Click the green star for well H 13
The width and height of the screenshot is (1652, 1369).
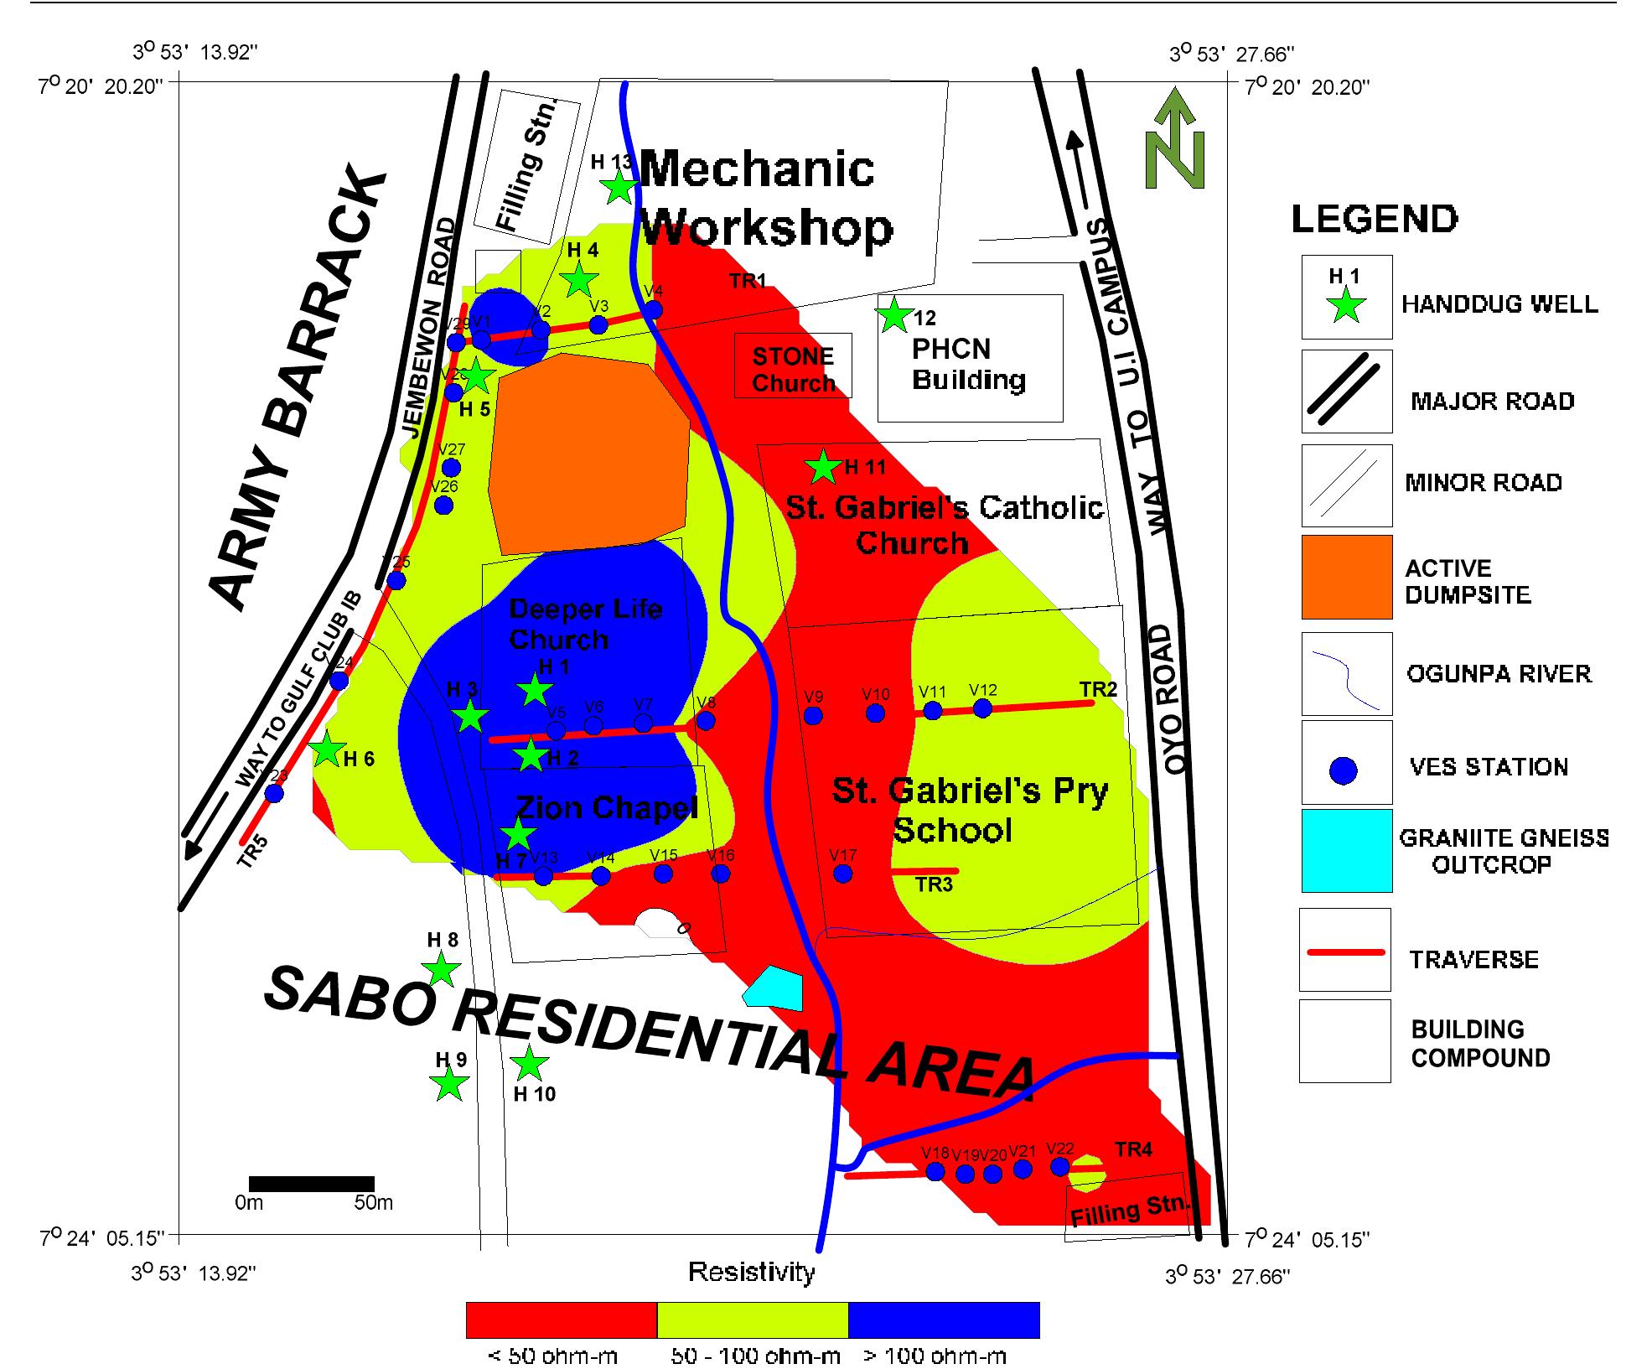click(619, 188)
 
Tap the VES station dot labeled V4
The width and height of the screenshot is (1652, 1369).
click(653, 310)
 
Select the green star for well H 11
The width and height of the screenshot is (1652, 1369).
click(823, 467)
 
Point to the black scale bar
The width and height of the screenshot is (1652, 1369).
click(312, 1184)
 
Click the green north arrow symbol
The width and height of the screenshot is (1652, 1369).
click(1175, 141)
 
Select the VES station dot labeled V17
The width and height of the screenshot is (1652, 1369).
click(843, 874)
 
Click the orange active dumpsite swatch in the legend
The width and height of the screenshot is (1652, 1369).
click(1346, 577)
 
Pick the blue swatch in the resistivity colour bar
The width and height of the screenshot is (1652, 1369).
click(944, 1320)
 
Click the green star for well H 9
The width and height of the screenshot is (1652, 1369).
click(449, 1084)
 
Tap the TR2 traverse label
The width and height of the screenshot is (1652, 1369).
click(1098, 689)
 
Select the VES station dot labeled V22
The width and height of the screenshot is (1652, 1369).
click(1059, 1166)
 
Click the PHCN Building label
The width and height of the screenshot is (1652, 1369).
click(968, 365)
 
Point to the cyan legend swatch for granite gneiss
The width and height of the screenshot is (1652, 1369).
click(1346, 850)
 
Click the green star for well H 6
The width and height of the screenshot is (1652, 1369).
click(327, 750)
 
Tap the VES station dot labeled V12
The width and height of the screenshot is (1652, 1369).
click(982, 708)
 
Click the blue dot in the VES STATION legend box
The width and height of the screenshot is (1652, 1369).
click(1344, 770)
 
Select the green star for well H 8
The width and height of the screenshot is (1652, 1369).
click(442, 971)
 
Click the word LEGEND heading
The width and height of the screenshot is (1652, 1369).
click(1374, 220)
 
